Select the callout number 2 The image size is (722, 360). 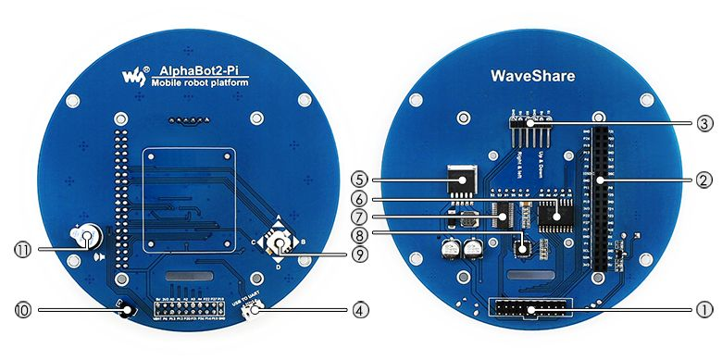coord(703,179)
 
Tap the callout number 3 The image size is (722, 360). coord(703,122)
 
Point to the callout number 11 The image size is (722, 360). coord(21,248)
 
